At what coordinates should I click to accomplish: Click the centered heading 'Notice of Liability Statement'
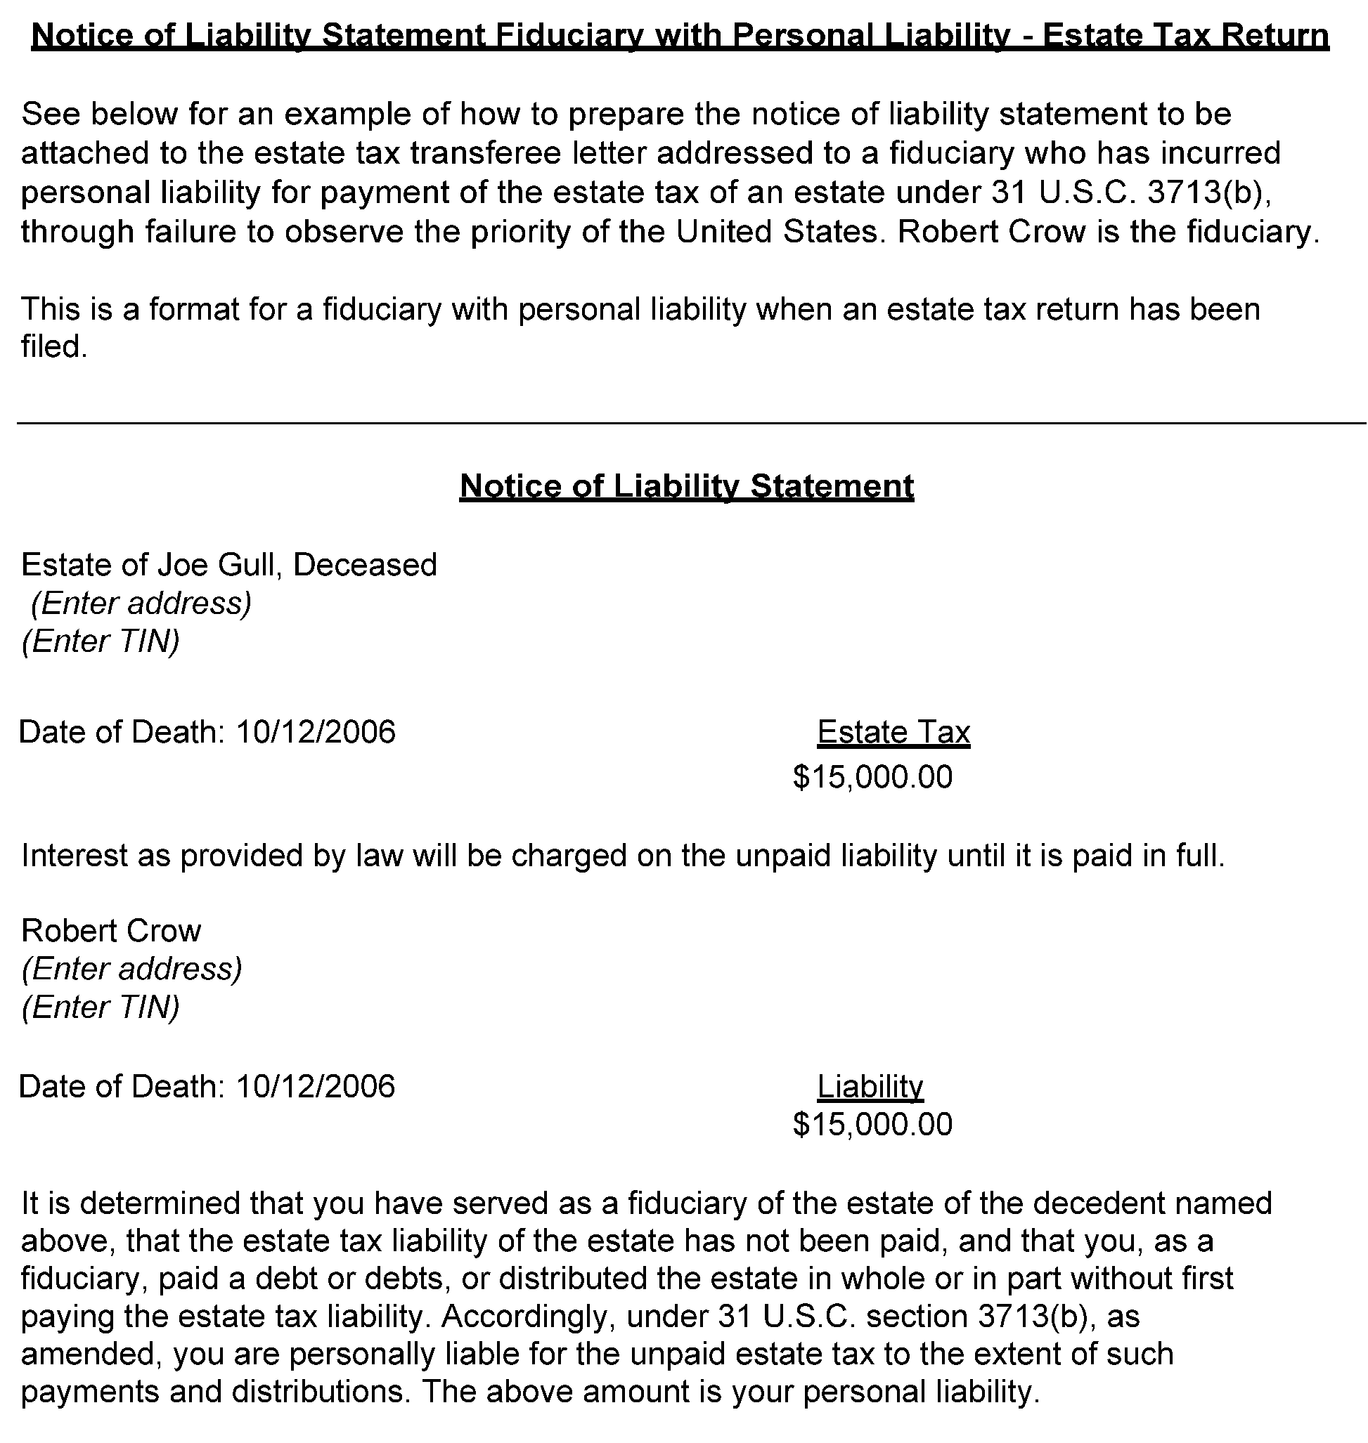686,486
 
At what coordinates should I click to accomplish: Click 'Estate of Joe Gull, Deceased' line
229,565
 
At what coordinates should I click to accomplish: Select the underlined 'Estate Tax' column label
893,732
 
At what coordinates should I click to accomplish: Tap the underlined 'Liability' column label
870,1086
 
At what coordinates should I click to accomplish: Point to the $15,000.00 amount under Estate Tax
873,777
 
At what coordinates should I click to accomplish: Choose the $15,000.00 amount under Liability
873,1124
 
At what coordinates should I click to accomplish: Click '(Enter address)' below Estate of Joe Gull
141,603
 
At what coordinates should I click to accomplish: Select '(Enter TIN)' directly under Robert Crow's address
101,1007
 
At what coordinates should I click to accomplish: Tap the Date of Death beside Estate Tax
207,732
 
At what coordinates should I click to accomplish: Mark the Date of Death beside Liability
207,1086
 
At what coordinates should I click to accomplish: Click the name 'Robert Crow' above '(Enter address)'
111,931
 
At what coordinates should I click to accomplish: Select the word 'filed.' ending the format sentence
55,347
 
